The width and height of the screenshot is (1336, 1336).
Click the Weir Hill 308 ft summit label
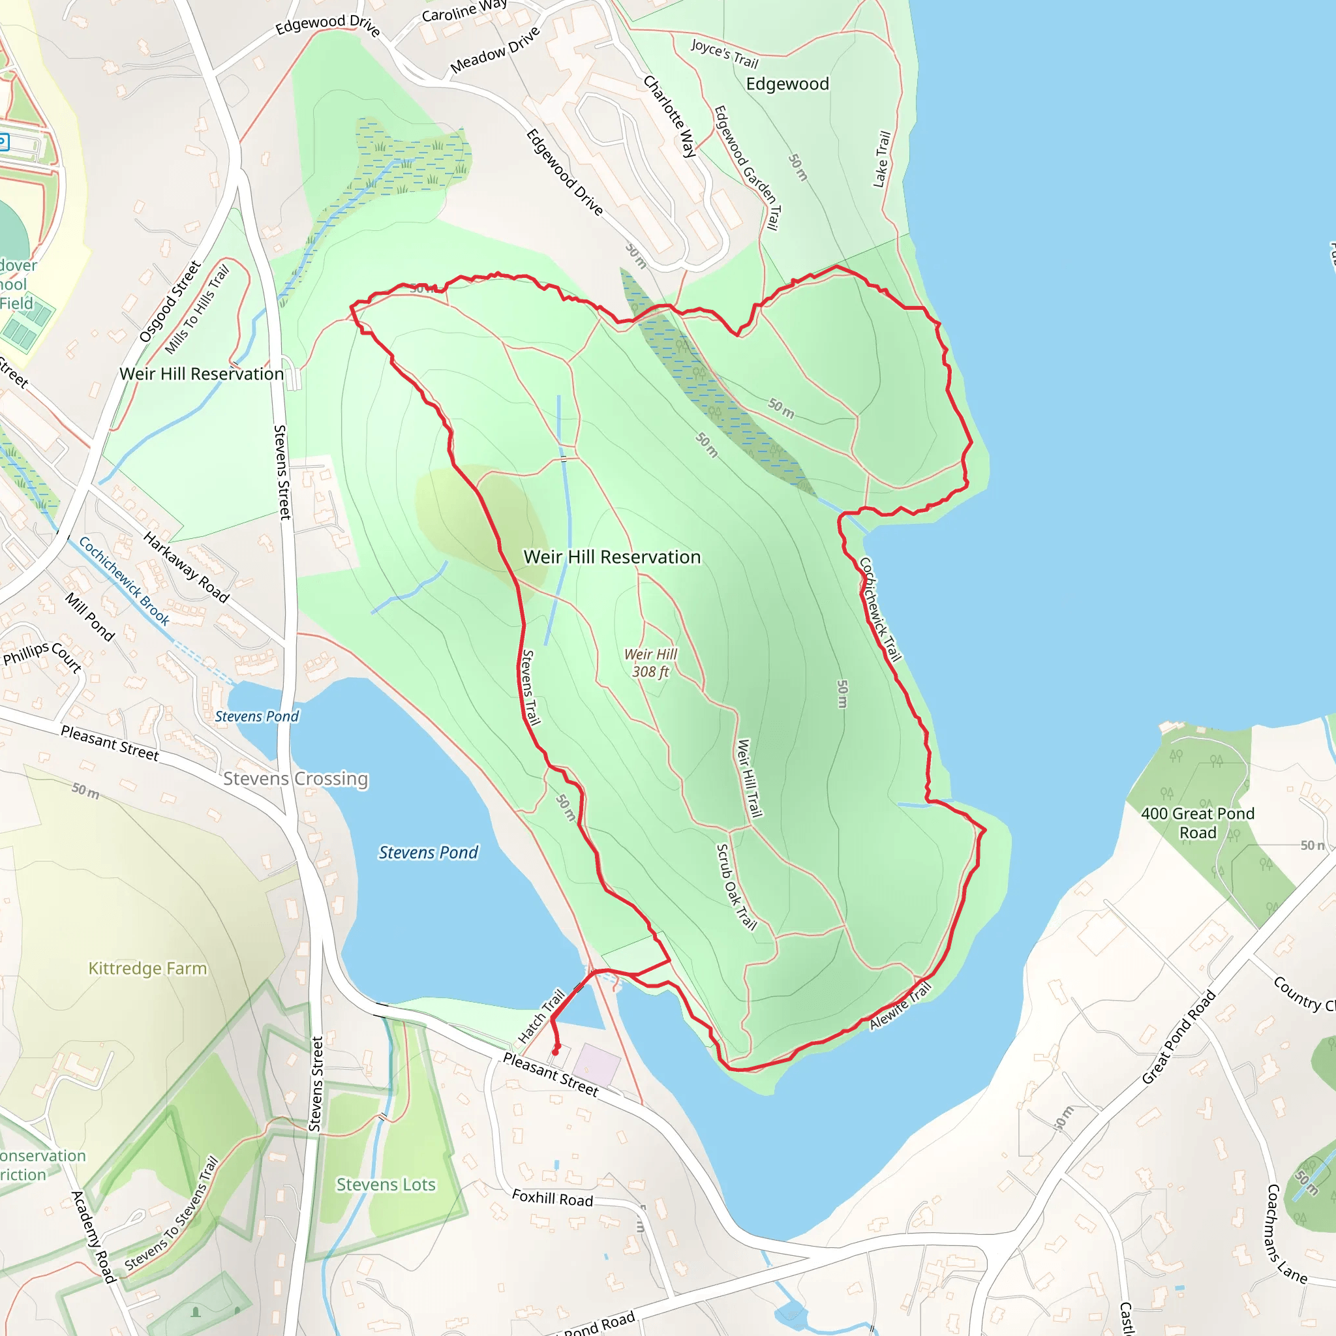click(650, 663)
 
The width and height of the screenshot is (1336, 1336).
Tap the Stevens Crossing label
click(296, 779)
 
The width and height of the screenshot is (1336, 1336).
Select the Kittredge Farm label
click(147, 968)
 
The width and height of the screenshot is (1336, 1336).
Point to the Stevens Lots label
click(386, 1185)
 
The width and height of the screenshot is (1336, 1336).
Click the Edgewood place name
click(787, 83)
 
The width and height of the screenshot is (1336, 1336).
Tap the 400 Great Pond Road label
click(1198, 823)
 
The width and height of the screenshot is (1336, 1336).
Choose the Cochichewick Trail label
click(880, 609)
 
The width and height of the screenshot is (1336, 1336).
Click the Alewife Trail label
click(900, 1006)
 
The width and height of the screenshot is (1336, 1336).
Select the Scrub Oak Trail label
click(736, 887)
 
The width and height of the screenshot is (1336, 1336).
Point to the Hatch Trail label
click(541, 1016)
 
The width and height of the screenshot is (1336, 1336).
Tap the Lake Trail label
click(882, 159)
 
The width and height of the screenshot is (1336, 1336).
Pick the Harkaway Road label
click(185, 566)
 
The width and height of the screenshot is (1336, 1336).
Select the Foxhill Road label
click(553, 1198)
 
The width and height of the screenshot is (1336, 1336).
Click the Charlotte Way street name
click(669, 116)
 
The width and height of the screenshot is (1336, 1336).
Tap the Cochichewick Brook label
click(124, 581)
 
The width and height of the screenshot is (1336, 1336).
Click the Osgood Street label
click(170, 301)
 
